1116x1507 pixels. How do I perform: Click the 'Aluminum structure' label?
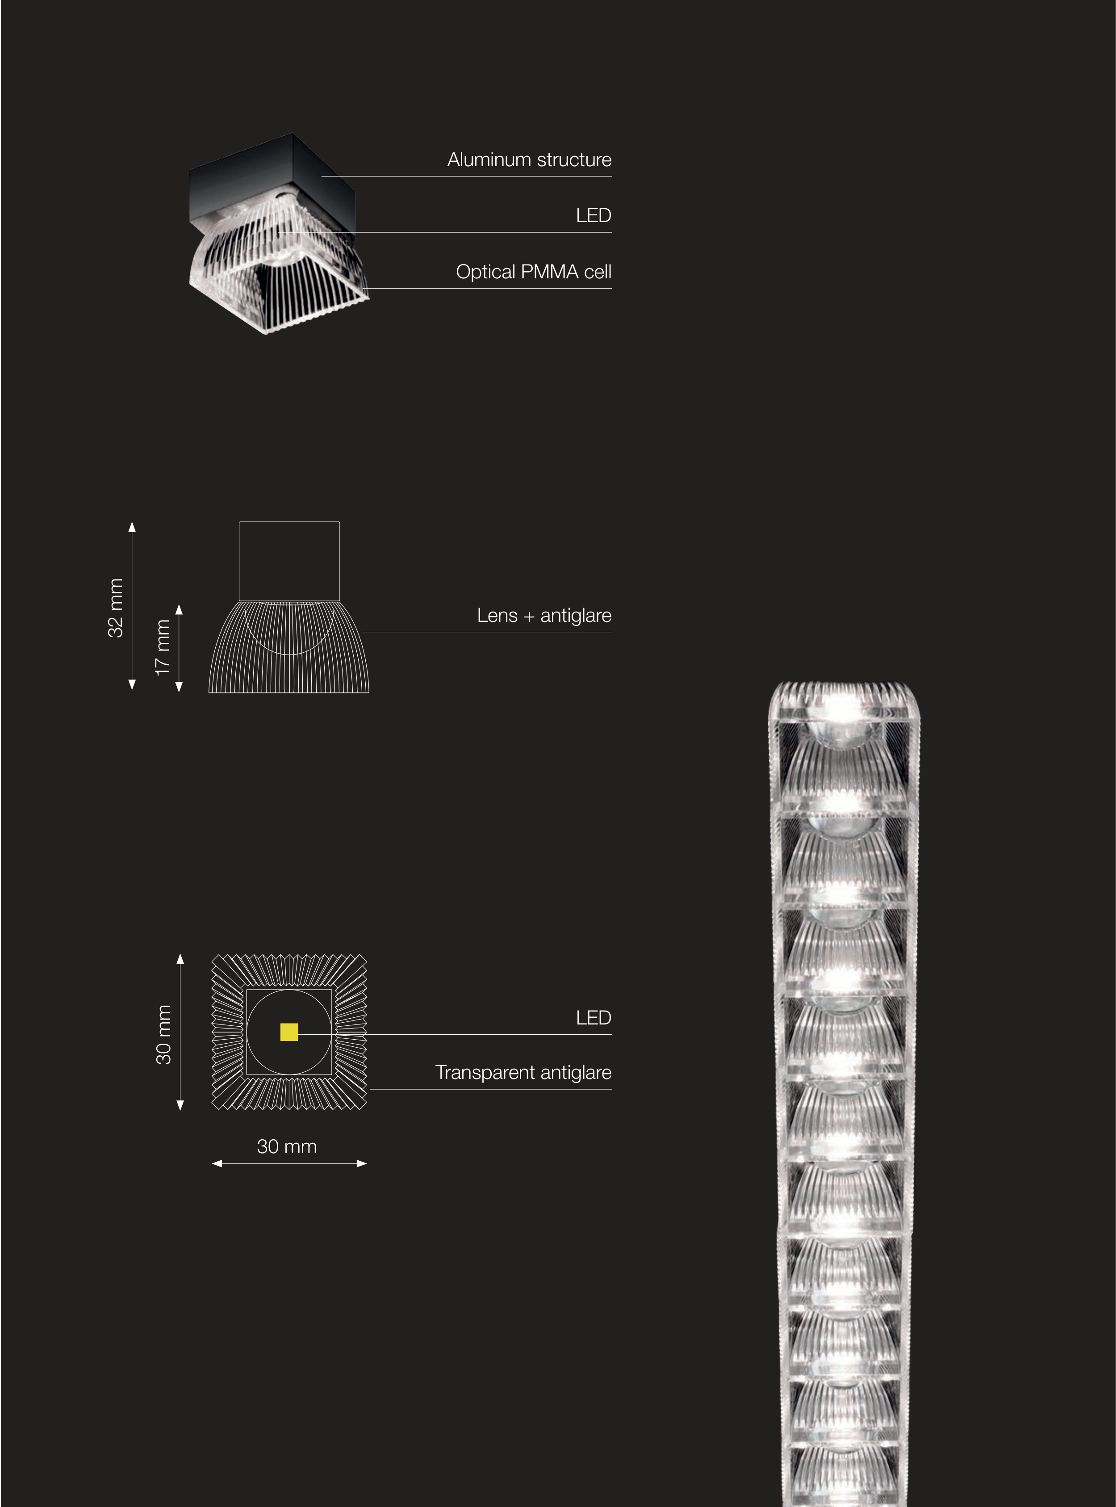click(529, 160)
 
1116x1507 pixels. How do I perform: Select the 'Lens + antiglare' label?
click(544, 616)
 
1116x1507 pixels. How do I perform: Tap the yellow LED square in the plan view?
click(289, 1032)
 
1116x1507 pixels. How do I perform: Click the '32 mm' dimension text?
click(116, 608)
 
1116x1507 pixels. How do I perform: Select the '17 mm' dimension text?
click(162, 647)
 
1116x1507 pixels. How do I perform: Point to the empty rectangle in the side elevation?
click(289, 561)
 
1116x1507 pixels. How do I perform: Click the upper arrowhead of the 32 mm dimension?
click(132, 526)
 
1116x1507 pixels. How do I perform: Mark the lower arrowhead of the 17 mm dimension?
click(179, 687)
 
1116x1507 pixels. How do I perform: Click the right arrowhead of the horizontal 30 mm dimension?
click(362, 1164)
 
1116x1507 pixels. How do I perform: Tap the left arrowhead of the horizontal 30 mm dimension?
click(217, 1164)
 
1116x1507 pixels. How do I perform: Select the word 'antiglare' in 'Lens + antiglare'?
click(576, 616)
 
